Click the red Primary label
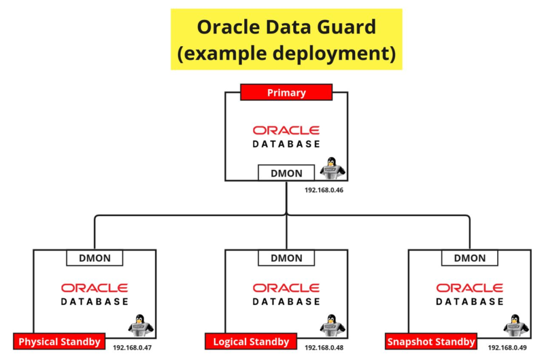(x=286, y=93)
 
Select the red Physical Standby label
(x=59, y=341)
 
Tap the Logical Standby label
(x=251, y=341)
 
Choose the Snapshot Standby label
(x=431, y=341)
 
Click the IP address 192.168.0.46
(x=324, y=190)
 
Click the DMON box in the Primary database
(x=286, y=173)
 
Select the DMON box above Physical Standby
(x=95, y=258)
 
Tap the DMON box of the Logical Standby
(x=286, y=258)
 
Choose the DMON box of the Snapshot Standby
(x=470, y=258)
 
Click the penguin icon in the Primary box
(x=333, y=168)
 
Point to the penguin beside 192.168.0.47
(x=141, y=325)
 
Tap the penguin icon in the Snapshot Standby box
(x=515, y=325)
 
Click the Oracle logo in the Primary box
(x=286, y=130)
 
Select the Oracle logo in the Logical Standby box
(x=286, y=288)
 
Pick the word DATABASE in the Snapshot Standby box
(x=470, y=302)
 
